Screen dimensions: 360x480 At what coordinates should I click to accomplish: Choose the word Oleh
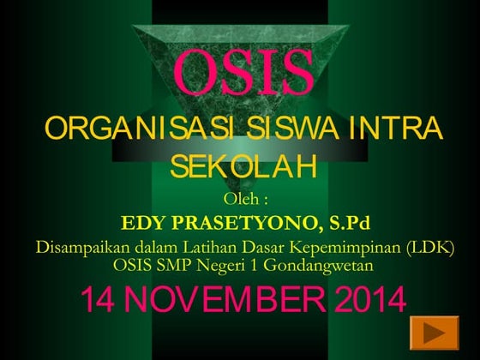[x=241, y=200]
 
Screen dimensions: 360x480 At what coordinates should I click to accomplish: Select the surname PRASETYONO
[x=243, y=225]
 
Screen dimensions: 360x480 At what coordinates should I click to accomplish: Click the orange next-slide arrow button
[x=434, y=331]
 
